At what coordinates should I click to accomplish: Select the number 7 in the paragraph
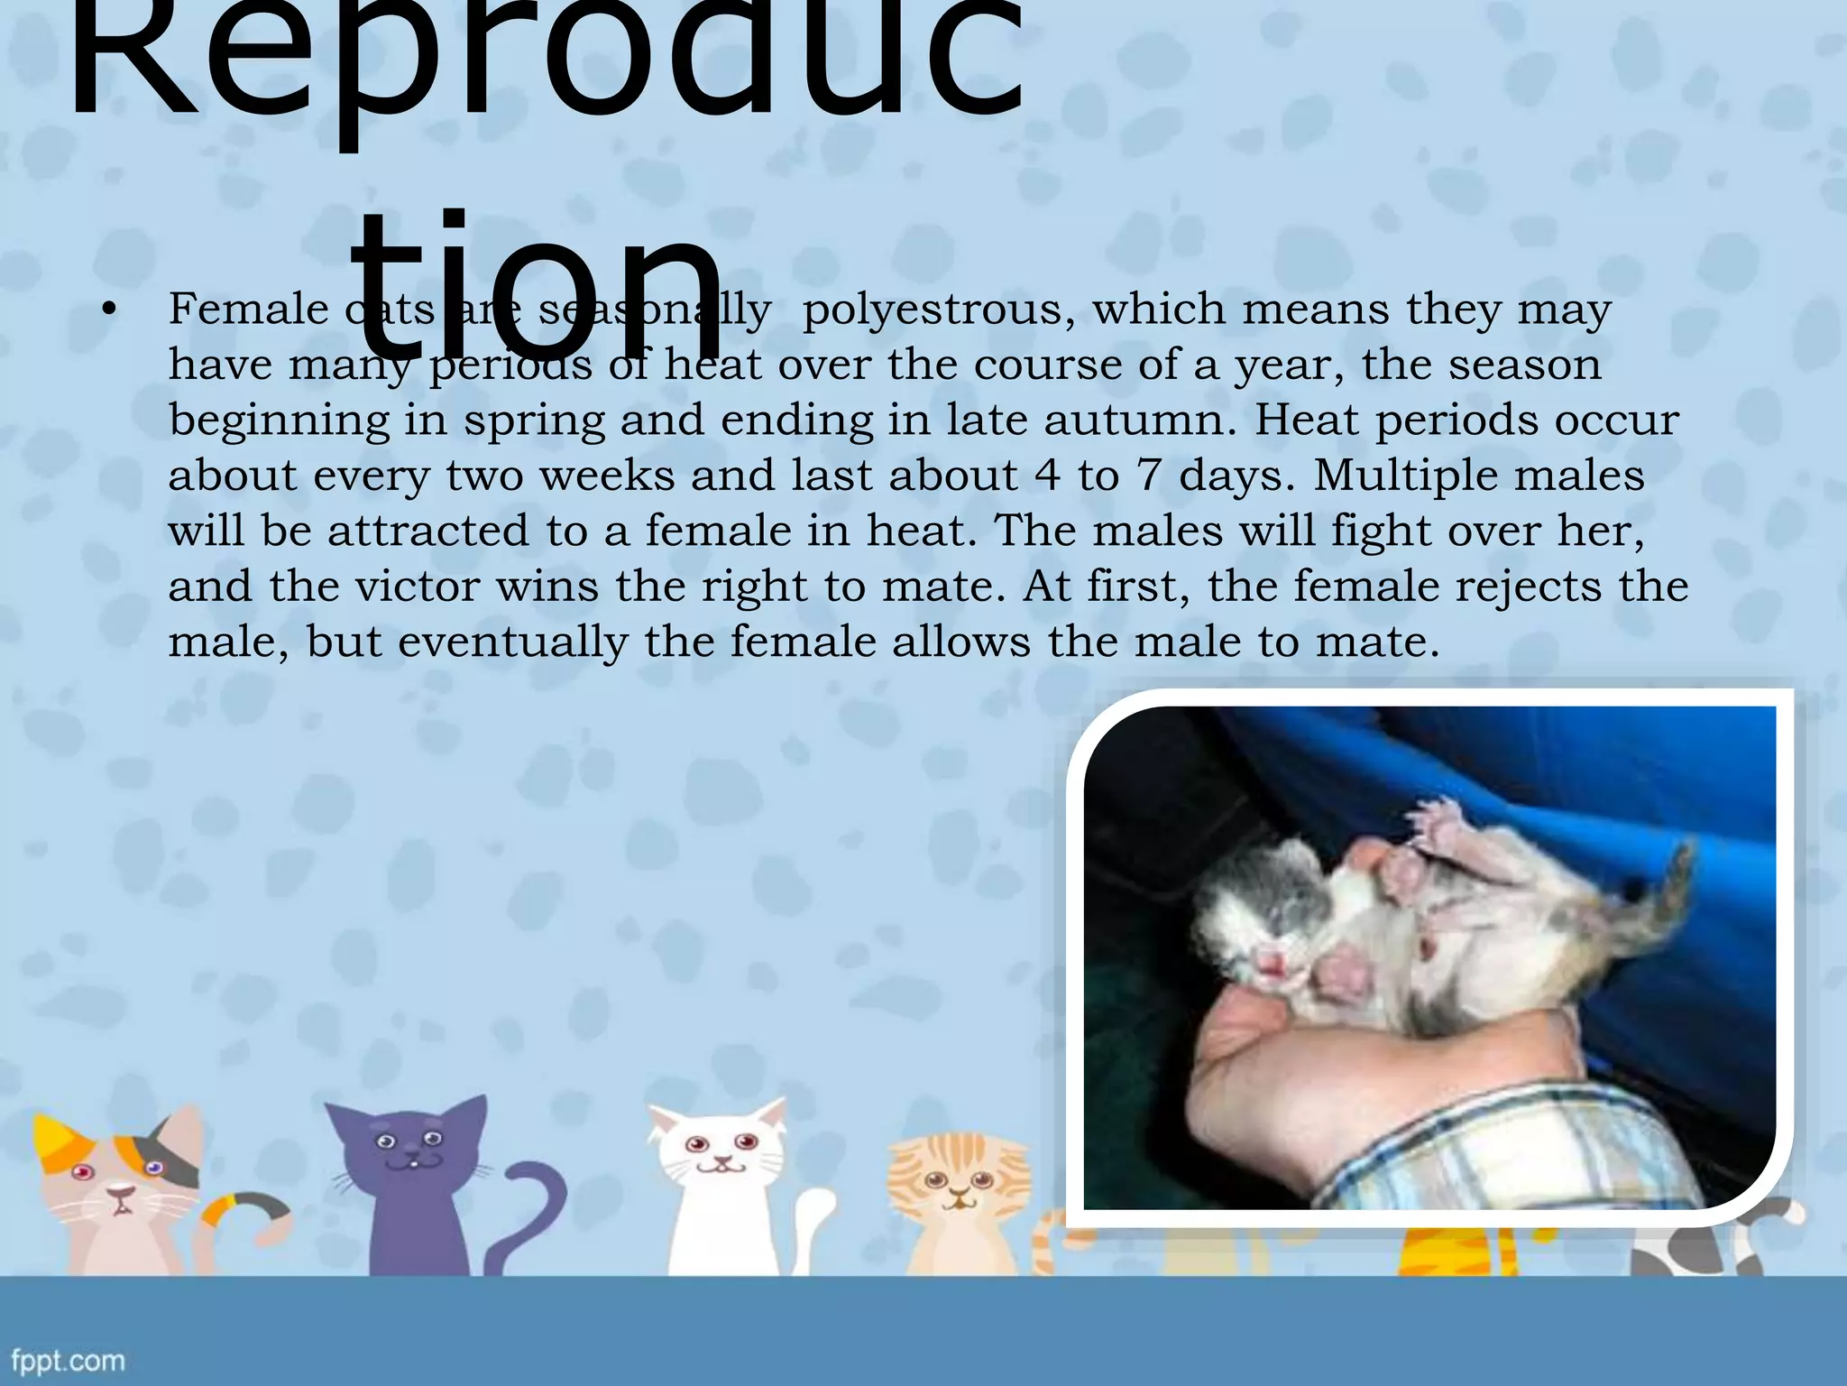point(1148,476)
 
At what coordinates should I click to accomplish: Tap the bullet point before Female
point(109,310)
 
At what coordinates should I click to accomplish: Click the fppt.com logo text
point(69,1360)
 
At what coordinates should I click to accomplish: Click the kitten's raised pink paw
point(1441,823)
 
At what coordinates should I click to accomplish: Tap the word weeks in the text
point(607,476)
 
